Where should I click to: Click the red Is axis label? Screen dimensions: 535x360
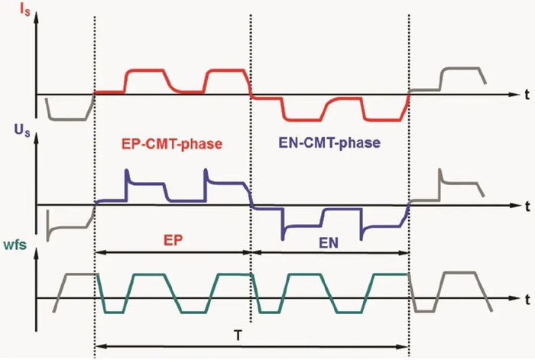click(24, 9)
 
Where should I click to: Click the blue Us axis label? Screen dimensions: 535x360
click(22, 131)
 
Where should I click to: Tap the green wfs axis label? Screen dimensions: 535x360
click(15, 245)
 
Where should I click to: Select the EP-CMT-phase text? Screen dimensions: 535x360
click(172, 144)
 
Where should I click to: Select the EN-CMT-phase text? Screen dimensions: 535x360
click(329, 143)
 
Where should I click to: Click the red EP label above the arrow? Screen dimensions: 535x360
click(173, 240)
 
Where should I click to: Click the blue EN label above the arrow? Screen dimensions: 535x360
click(329, 242)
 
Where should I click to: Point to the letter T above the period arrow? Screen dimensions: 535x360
click(238, 336)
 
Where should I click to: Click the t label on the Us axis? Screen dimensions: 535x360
click(527, 206)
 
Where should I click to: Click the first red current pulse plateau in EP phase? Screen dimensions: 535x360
click(146, 70)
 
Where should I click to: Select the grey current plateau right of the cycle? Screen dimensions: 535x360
click(461, 69)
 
